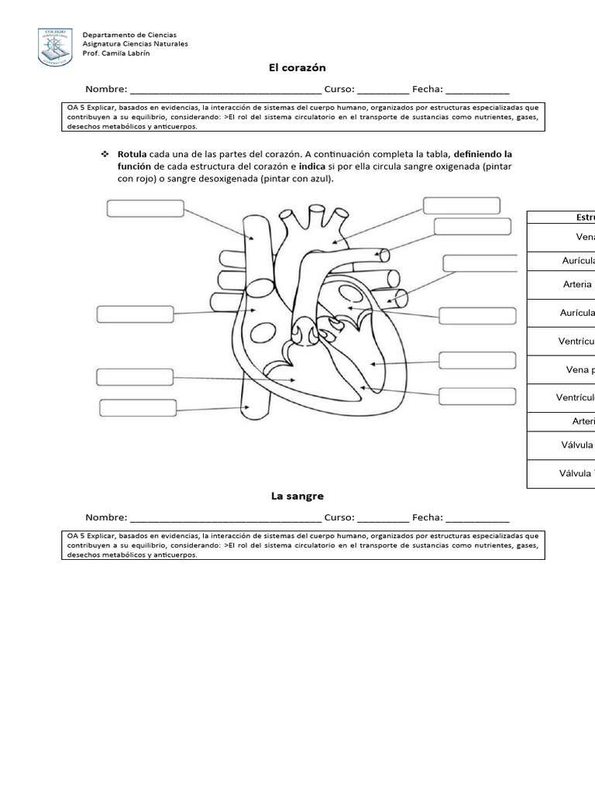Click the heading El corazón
point(297,68)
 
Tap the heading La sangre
point(297,496)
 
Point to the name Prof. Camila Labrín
point(116,53)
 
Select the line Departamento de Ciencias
point(129,35)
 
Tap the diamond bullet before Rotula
point(104,154)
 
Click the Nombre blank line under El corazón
point(225,91)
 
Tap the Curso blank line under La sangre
point(383,518)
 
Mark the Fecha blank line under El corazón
point(477,91)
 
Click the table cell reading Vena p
point(580,370)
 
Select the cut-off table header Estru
point(585,218)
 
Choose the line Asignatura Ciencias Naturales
point(135,44)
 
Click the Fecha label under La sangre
point(427,517)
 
